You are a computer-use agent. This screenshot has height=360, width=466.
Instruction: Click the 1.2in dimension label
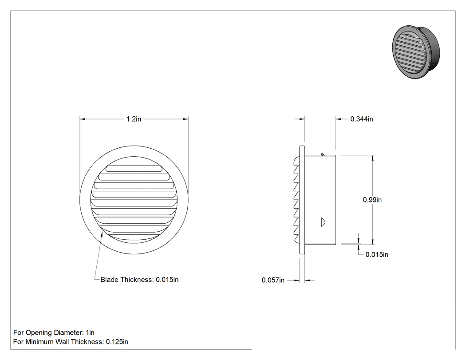point(134,119)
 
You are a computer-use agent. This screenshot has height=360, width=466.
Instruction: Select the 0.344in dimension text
point(361,119)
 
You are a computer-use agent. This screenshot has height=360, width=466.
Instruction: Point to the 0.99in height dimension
point(372,200)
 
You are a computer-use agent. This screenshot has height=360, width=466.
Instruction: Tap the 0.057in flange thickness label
point(273,280)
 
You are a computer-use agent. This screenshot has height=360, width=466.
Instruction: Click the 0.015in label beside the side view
point(376,254)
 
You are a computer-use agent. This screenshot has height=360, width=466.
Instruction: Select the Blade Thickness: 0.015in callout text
point(139,280)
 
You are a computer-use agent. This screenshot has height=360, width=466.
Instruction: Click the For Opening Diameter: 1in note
point(54,332)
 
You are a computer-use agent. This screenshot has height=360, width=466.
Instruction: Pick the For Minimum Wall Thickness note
point(71,341)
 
